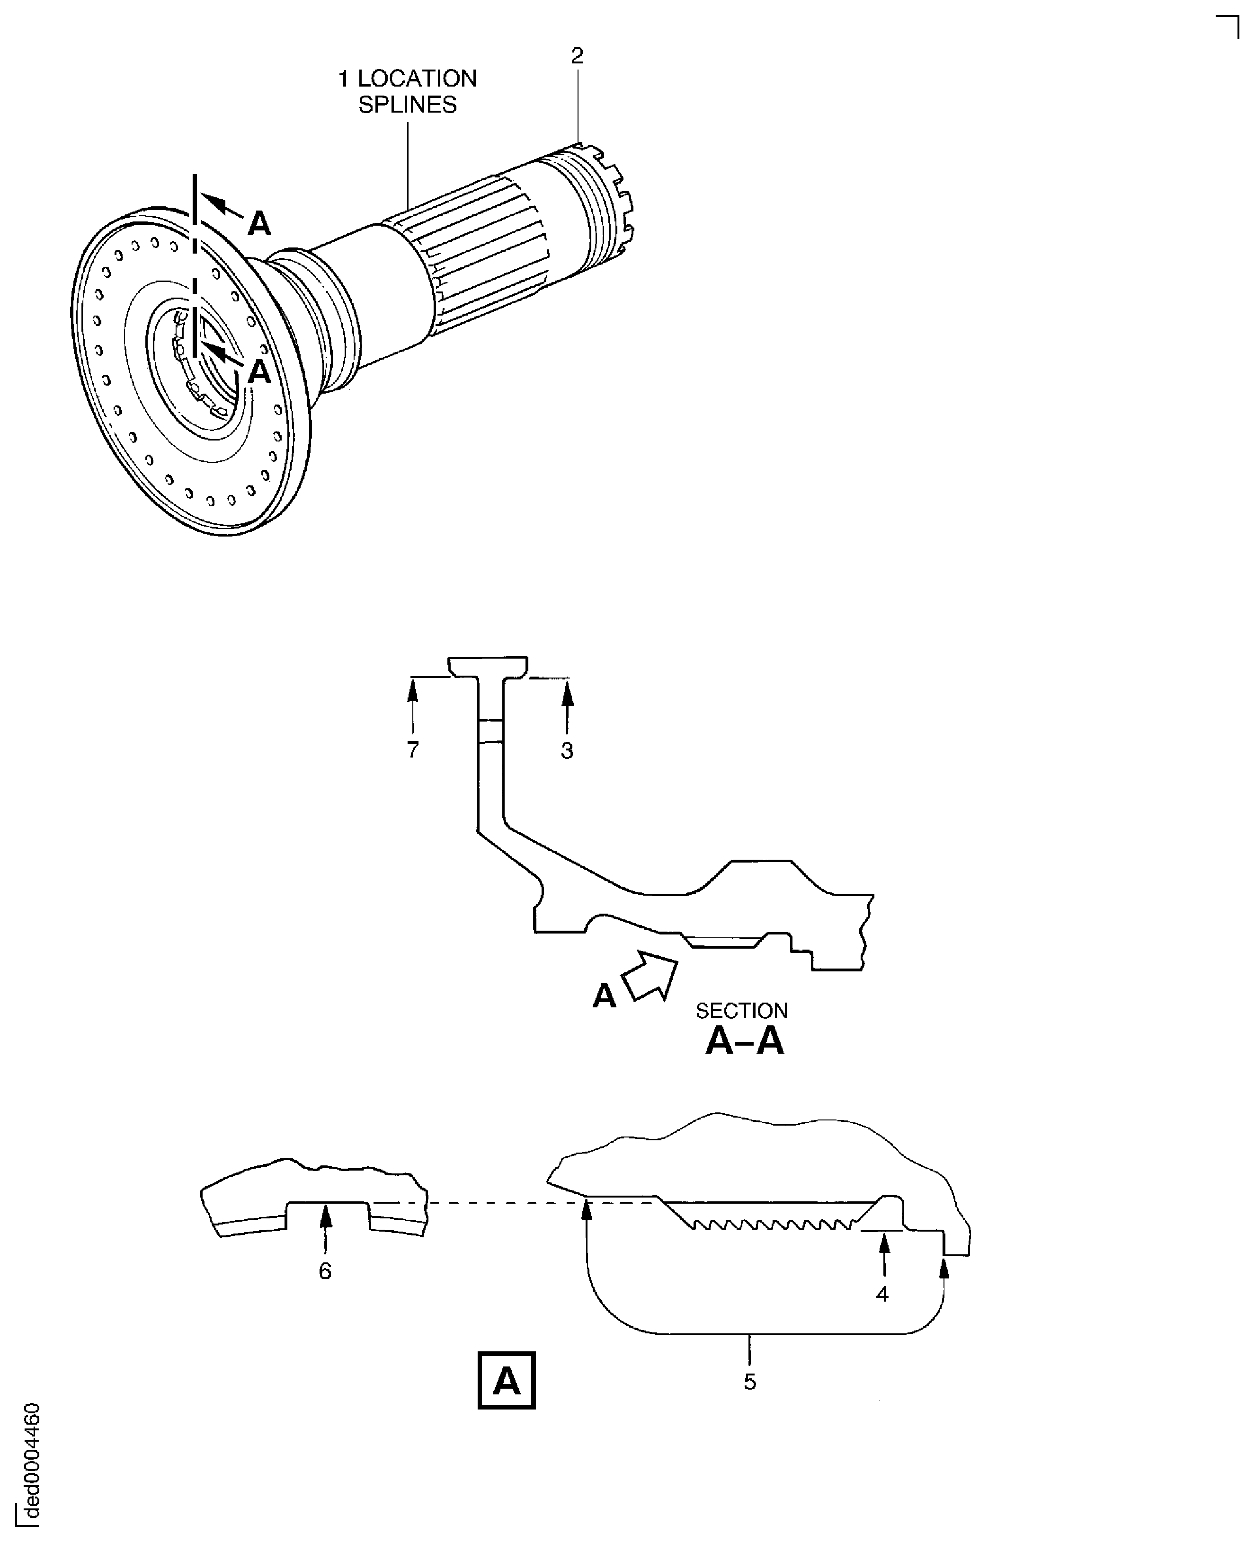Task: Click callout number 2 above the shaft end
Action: click(x=577, y=56)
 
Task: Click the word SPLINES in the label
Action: click(x=407, y=105)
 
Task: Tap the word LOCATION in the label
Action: click(x=417, y=78)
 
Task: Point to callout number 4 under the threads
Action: click(x=882, y=1294)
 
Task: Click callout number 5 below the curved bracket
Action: click(x=750, y=1382)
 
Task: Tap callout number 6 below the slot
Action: click(x=325, y=1271)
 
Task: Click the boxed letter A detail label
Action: click(x=506, y=1380)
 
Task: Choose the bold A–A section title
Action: click(x=745, y=1041)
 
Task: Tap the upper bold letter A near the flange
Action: click(x=259, y=224)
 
